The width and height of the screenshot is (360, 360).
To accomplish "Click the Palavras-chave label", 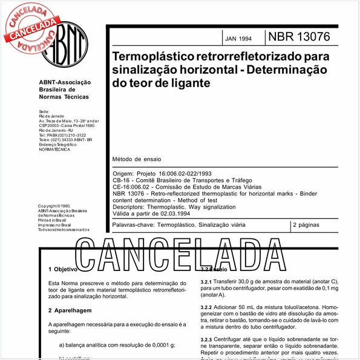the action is point(134,224).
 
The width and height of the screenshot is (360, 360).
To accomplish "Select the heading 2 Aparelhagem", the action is point(69,310).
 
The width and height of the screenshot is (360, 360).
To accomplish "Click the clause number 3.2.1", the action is point(208,282).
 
